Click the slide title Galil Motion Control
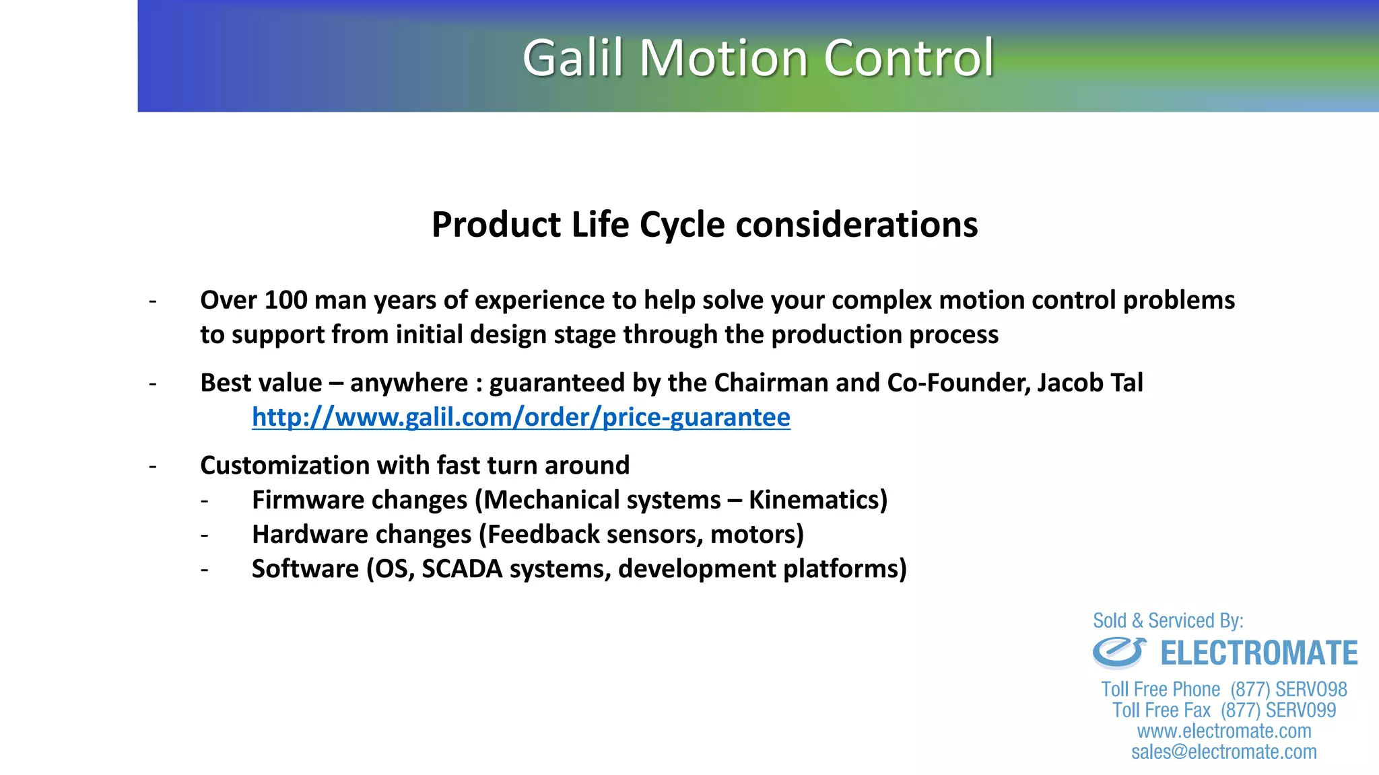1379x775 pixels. tap(758, 58)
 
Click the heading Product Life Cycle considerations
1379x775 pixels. tap(704, 225)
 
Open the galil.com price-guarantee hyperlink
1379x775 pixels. tap(520, 417)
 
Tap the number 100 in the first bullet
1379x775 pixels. tap(285, 300)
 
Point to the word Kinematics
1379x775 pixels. tap(817, 500)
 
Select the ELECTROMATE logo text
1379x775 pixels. tap(1258, 653)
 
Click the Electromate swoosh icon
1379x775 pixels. tap(1118, 653)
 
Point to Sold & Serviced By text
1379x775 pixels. tap(1168, 620)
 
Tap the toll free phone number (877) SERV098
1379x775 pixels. tap(1288, 690)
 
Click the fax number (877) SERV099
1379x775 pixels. tap(1278, 710)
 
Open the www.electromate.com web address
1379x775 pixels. tap(1223, 731)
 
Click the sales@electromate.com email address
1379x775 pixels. tap(1223, 752)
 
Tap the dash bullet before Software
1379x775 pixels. tap(204, 570)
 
